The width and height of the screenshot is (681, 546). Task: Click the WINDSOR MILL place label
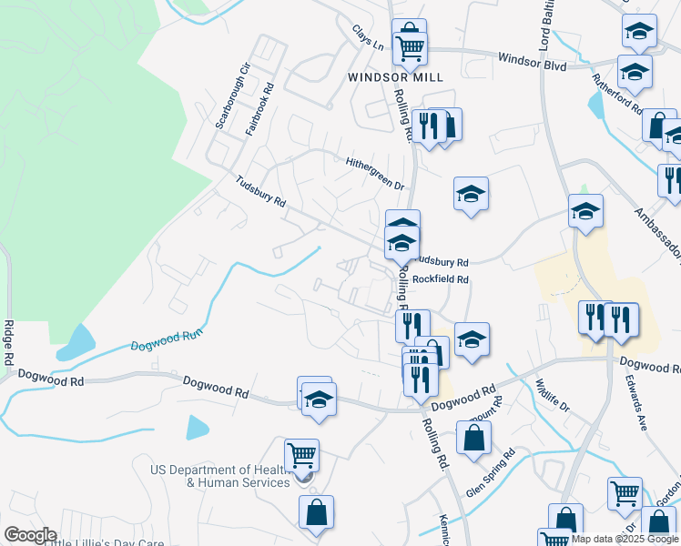(395, 77)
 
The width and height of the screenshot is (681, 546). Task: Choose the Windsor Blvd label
(532, 61)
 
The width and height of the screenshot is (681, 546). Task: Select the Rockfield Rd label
(440, 279)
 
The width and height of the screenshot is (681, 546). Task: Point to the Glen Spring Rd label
(491, 473)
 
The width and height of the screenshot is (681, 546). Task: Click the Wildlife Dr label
(552, 394)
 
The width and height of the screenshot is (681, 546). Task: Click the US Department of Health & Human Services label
(221, 476)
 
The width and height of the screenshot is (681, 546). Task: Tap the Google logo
(30, 535)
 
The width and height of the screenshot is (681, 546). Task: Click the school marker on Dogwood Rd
(319, 400)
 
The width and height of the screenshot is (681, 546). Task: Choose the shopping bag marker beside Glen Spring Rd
(473, 438)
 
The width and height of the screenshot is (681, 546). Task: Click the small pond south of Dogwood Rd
(198, 427)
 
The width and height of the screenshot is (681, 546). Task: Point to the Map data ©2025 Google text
(624, 539)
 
